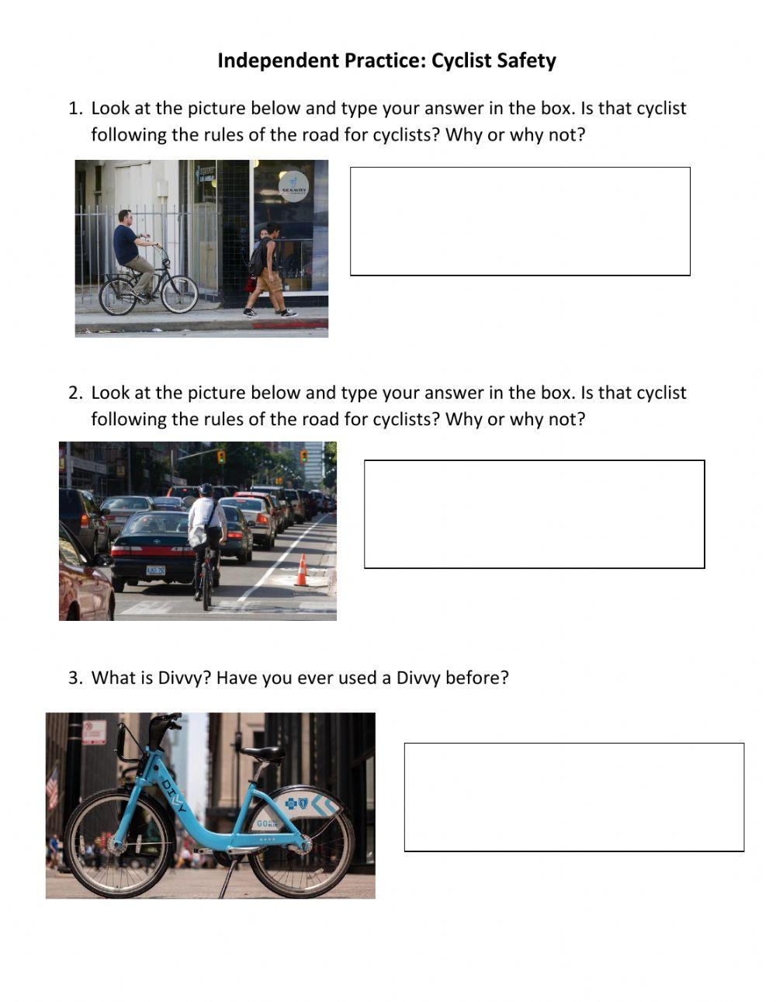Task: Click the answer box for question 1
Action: (520, 221)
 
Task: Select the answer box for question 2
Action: (534, 514)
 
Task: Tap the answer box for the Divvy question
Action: (573, 797)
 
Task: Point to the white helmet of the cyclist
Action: (206, 490)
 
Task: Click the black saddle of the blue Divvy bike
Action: (263, 752)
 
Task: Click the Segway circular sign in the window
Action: (293, 186)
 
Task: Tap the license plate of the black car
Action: (156, 570)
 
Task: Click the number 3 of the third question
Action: (74, 678)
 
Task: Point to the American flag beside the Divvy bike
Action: (52, 788)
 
